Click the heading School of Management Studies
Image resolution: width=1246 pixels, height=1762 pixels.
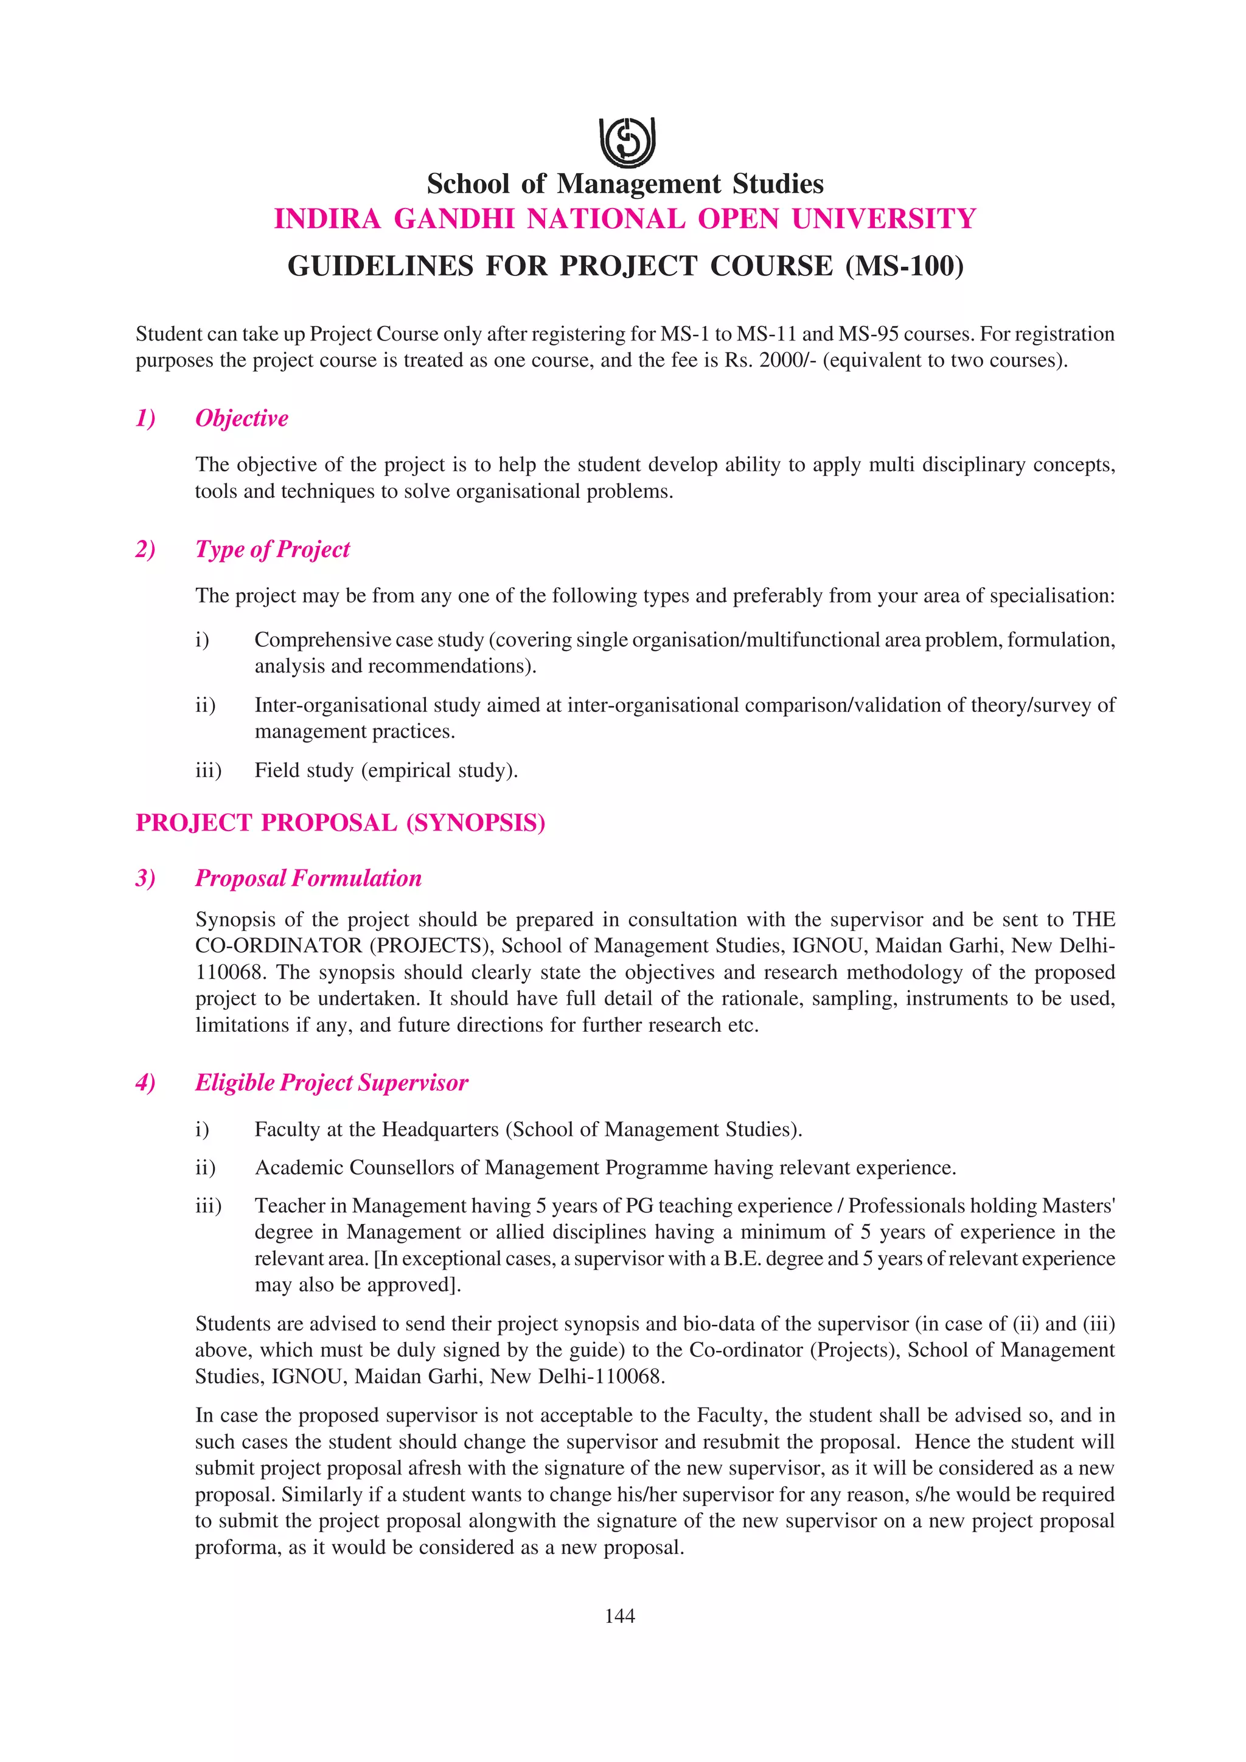[x=625, y=184]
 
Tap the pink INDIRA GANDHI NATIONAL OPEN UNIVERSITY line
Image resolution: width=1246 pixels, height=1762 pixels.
[x=625, y=219]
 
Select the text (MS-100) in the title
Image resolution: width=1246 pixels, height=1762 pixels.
[x=904, y=266]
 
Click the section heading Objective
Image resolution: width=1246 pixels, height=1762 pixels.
[x=242, y=419]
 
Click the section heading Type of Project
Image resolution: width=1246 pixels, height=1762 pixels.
[x=273, y=550]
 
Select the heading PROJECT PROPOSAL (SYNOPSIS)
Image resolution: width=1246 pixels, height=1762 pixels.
[x=340, y=823]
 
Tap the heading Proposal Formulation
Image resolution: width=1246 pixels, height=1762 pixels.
[x=308, y=879]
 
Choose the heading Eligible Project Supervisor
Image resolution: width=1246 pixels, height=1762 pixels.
[x=331, y=1083]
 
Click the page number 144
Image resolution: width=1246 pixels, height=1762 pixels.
[x=619, y=1616]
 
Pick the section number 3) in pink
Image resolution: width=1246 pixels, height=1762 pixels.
[x=145, y=879]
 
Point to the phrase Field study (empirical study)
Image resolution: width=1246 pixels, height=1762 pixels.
[x=386, y=770]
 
